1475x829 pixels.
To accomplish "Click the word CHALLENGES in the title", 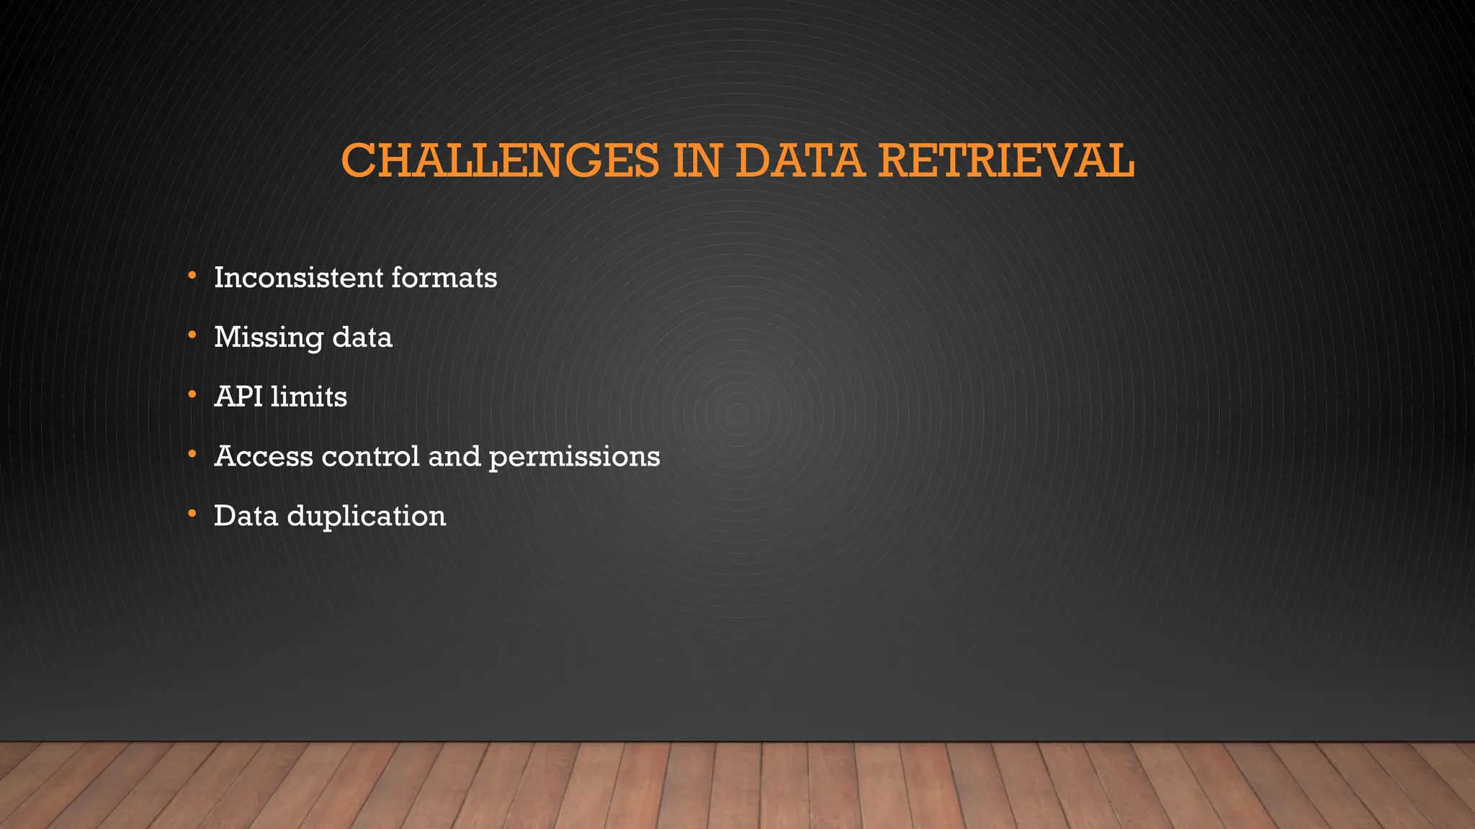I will pos(500,160).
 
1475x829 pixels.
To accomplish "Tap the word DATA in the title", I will pos(799,160).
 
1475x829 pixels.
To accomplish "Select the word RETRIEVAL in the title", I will pos(1006,160).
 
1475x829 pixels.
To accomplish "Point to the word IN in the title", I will pos(697,160).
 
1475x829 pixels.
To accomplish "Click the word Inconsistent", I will pos(298,278).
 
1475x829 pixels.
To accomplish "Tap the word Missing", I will pos(269,338).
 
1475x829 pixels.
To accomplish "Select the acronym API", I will pos(238,397).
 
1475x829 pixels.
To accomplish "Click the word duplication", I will pos(367,517).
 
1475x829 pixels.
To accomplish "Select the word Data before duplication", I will pos(246,516).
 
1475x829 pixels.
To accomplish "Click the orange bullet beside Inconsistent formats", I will pos(192,276).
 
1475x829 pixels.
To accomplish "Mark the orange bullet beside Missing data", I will pos(192,335).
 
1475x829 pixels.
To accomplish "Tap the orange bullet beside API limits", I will pos(192,394).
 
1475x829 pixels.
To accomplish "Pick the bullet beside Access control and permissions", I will pos(192,454).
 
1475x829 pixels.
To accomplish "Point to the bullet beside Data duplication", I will pos(192,514).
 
